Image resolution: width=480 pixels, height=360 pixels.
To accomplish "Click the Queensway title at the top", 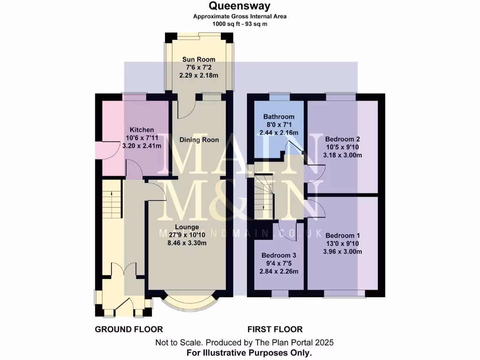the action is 240,6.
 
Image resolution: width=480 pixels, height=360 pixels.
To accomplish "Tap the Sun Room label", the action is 199,60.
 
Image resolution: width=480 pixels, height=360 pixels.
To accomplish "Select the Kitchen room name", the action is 142,130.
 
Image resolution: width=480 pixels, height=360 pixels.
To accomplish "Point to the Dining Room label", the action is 199,140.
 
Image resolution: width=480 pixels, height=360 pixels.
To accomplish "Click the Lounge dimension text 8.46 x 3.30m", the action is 187,243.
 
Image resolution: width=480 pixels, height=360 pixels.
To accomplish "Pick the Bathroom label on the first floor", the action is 278,117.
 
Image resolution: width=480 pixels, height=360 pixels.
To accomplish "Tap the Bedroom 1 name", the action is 343,235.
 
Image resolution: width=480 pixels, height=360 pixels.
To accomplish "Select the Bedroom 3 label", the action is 278,255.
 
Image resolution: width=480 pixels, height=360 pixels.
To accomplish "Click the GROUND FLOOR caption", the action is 129,330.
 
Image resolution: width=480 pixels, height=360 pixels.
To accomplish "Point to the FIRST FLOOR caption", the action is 275,330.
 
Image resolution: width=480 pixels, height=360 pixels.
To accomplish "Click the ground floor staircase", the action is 112,199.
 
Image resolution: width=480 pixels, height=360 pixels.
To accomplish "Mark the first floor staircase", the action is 263,196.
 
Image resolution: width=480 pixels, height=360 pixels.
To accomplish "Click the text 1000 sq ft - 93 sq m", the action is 240,24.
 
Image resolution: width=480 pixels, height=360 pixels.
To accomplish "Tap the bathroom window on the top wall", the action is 279,97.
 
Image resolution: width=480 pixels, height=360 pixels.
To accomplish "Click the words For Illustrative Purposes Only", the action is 249,352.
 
